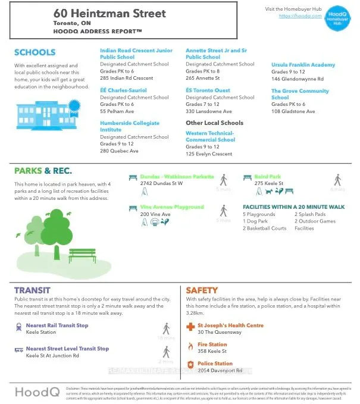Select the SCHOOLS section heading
point(35,52)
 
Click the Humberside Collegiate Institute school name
point(130,126)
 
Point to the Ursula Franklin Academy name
point(303,65)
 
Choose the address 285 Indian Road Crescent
point(126,78)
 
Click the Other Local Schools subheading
point(214,123)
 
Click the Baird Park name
point(267,177)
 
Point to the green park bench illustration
point(82,255)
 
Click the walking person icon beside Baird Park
point(337,180)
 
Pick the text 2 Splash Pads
point(309,214)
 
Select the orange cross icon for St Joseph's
point(190,327)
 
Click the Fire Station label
point(212,345)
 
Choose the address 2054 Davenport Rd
point(220,370)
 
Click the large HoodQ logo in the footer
point(37,392)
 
